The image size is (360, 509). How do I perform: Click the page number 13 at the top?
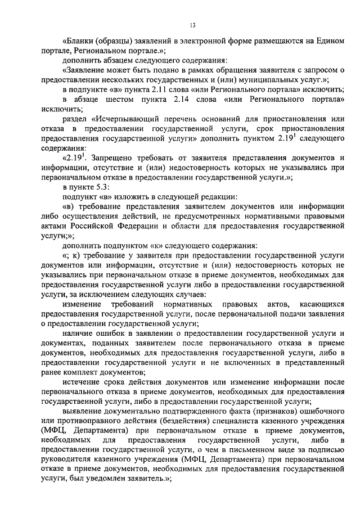point(192,25)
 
